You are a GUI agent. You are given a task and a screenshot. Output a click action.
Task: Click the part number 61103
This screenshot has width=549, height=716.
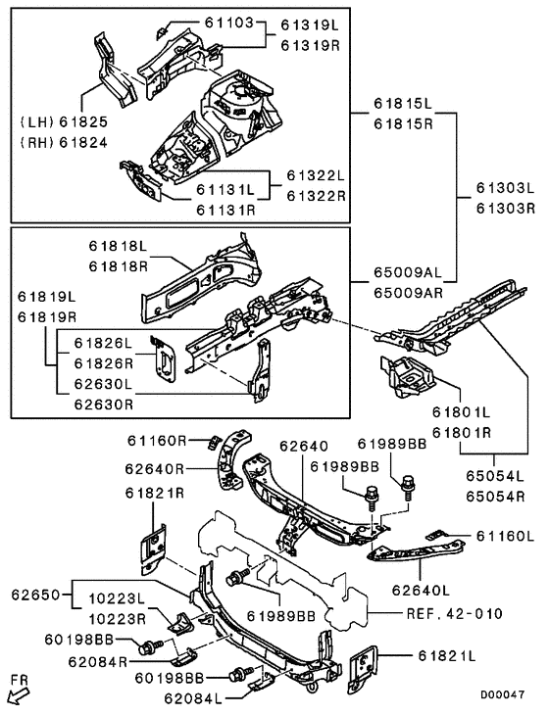tap(228, 23)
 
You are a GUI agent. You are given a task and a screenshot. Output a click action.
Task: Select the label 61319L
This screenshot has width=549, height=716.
tap(310, 24)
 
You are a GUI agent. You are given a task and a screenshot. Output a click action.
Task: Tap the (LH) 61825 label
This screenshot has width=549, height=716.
tap(64, 121)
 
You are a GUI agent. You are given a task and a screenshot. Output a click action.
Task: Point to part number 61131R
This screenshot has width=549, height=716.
tap(225, 210)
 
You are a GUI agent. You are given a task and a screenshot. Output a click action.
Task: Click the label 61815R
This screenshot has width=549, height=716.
tap(403, 123)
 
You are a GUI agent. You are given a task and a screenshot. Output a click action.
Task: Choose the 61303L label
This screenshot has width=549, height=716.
tap(505, 188)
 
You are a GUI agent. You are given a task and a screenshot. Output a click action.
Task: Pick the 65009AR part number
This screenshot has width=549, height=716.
tap(408, 292)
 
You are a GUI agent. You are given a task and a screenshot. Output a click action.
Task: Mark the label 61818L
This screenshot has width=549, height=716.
tap(118, 246)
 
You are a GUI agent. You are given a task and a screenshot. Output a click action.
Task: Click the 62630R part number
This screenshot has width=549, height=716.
tap(103, 405)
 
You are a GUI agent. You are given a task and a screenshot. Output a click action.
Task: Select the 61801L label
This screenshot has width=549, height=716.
tap(461, 412)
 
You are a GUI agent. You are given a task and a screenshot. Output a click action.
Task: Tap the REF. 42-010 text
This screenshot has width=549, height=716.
tap(454, 613)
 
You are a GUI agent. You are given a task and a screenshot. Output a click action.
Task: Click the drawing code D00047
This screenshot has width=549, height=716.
tap(502, 694)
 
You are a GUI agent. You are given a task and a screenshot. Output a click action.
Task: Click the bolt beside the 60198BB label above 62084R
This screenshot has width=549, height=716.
tap(150, 647)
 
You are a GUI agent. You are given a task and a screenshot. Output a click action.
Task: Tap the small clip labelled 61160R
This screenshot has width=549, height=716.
tap(214, 443)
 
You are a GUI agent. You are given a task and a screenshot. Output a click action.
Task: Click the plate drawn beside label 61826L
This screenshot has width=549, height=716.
tap(164, 359)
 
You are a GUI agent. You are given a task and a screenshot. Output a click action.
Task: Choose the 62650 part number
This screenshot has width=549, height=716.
tap(35, 595)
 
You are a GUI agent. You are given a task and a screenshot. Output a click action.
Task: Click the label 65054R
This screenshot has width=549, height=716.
tap(495, 496)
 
